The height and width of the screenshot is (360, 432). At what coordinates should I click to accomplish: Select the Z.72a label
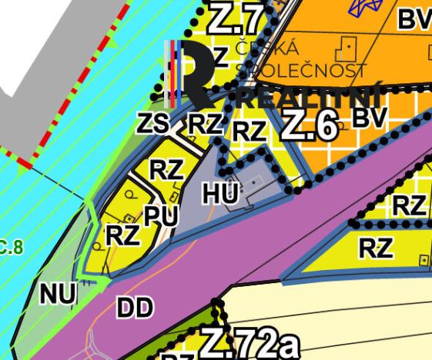249,343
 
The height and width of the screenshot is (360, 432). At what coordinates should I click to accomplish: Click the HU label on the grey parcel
222,194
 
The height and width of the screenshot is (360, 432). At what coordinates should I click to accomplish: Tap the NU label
58,293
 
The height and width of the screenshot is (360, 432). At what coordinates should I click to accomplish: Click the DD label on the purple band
135,308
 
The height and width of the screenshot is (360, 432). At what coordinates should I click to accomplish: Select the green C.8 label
12,248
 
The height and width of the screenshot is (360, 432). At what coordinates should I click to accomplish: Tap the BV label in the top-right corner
414,20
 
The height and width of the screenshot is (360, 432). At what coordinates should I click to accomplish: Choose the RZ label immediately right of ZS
206,123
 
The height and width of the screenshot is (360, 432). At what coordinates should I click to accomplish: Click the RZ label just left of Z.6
249,132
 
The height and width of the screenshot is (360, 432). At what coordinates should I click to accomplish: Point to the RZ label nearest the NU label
122,235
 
